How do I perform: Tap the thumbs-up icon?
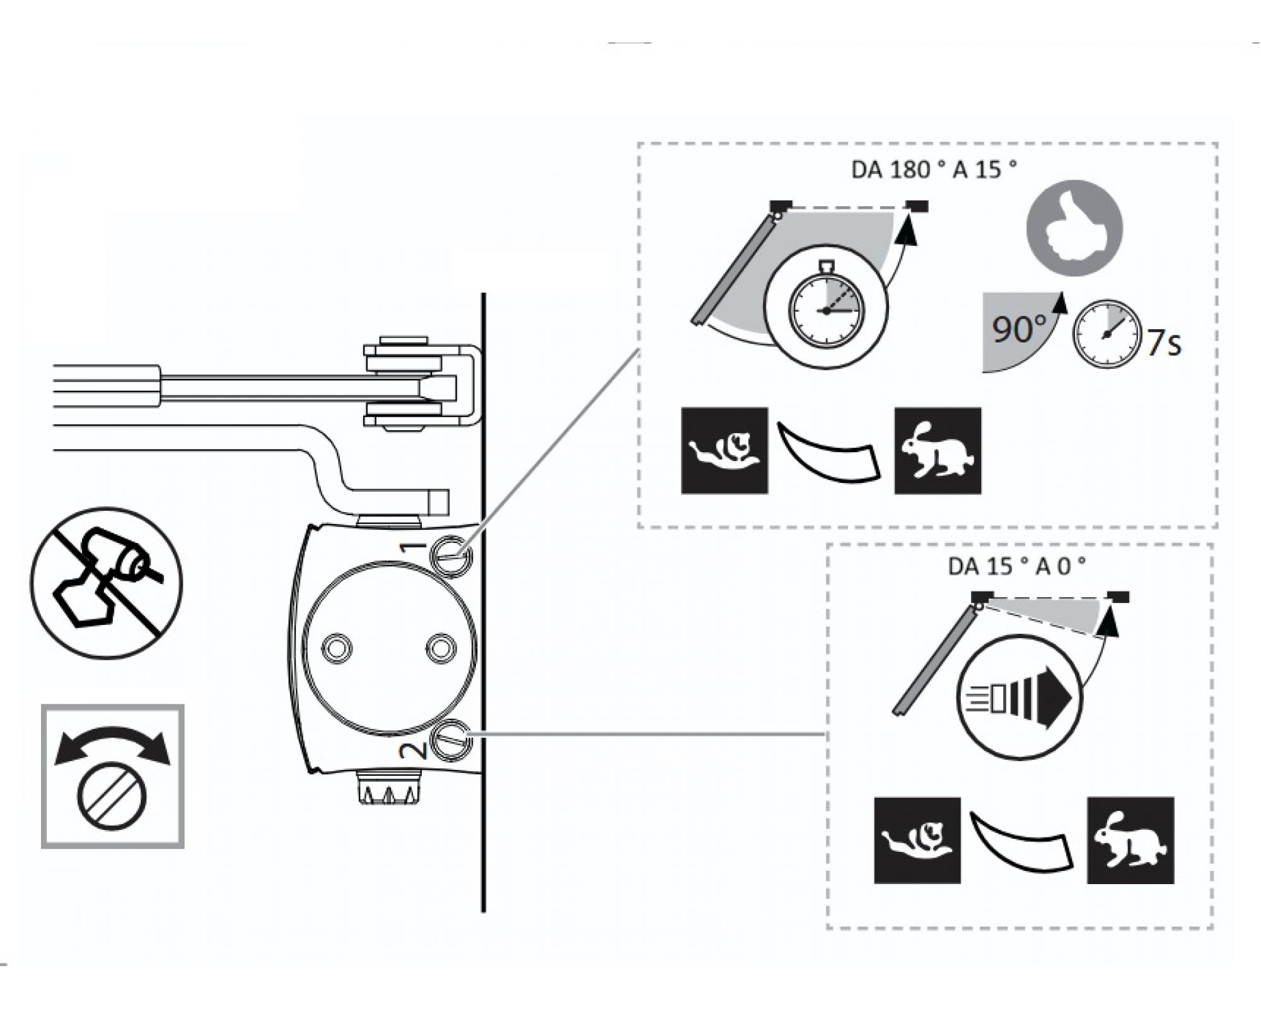tap(1074, 228)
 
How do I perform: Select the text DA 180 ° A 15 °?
tap(934, 170)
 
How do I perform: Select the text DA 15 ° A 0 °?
tap(1016, 566)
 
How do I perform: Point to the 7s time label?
tap(1164, 344)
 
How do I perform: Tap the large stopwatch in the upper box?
tap(826, 307)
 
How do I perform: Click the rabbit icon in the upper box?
tap(938, 450)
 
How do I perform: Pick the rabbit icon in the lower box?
tap(1130, 840)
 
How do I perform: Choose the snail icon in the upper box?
tap(724, 450)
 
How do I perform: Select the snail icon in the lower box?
tap(917, 840)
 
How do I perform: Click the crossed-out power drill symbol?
tap(107, 583)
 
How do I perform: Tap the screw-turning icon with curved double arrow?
tap(113, 776)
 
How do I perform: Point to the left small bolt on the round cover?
tap(337, 648)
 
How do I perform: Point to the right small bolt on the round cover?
tap(441, 648)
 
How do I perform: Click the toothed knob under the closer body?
tap(387, 788)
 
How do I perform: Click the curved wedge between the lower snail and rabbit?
tap(1021, 841)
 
